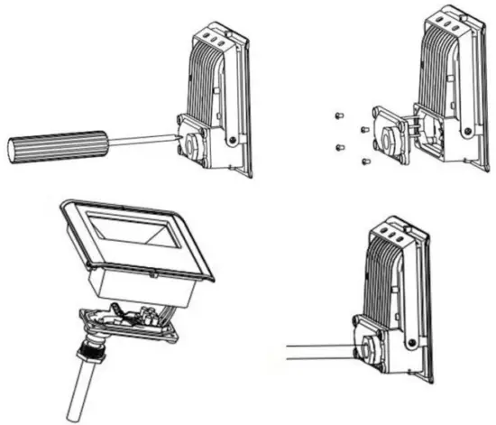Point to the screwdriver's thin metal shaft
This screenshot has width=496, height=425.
[140, 140]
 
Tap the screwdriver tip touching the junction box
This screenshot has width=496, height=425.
[177, 135]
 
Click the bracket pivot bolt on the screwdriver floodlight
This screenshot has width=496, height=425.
[233, 137]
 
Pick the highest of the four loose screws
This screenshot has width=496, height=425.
[336, 115]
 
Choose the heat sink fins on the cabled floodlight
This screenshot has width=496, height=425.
[383, 280]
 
